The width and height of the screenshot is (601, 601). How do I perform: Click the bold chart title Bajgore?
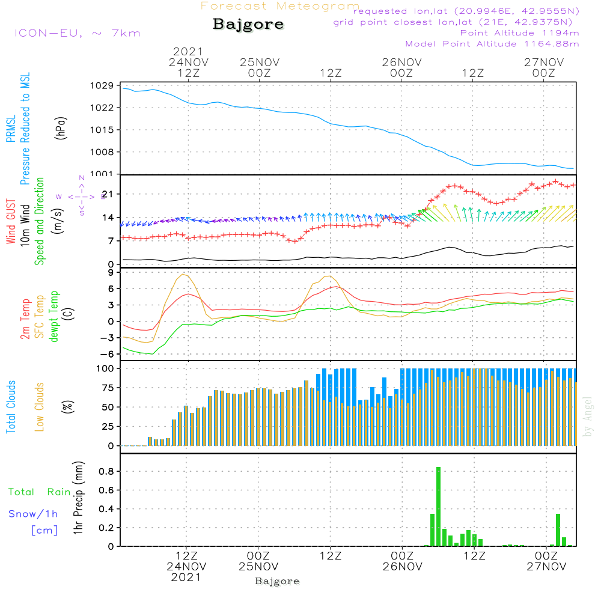[x=248, y=25]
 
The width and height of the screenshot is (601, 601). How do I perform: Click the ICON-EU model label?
[x=77, y=33]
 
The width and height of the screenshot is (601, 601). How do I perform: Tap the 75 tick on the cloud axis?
[x=106, y=388]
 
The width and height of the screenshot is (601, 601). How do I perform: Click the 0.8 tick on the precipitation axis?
[x=106, y=472]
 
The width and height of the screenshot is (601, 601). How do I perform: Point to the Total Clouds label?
[x=11, y=407]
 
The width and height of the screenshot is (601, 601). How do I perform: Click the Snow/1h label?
[x=34, y=514]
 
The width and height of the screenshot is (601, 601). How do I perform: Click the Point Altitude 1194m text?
[x=519, y=33]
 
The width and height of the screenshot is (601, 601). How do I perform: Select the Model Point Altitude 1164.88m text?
[x=492, y=44]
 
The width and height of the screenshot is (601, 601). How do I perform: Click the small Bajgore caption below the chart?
[x=277, y=581]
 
